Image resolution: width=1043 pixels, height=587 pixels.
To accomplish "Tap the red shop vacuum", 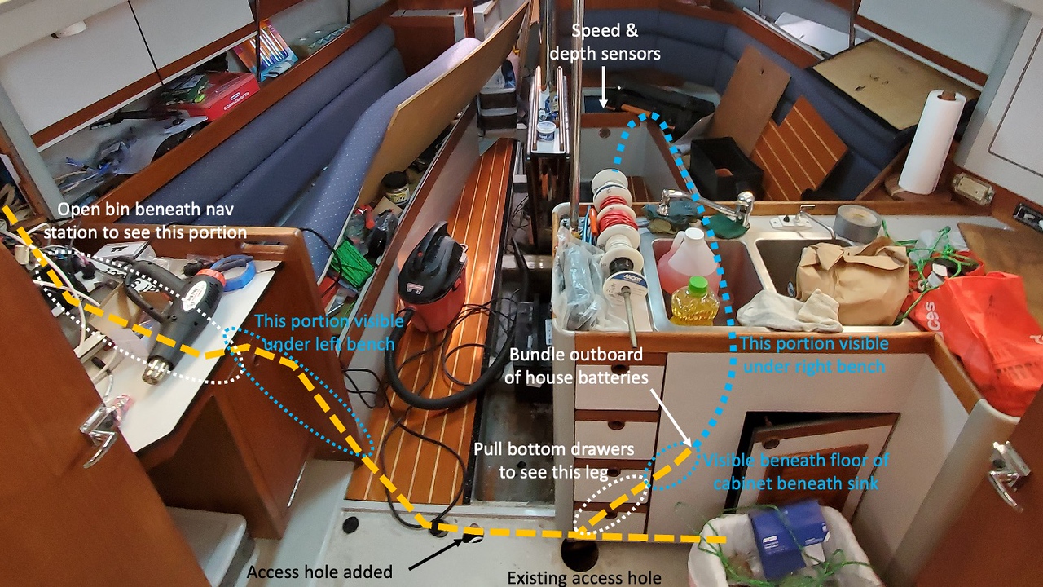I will [431, 277].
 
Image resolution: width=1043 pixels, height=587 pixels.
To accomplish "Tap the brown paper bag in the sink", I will [852, 277].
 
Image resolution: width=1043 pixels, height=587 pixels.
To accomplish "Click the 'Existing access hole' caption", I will [584, 578].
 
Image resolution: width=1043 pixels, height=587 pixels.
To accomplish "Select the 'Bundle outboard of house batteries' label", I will [575, 366].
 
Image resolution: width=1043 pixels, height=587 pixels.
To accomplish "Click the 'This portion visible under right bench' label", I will [813, 355].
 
